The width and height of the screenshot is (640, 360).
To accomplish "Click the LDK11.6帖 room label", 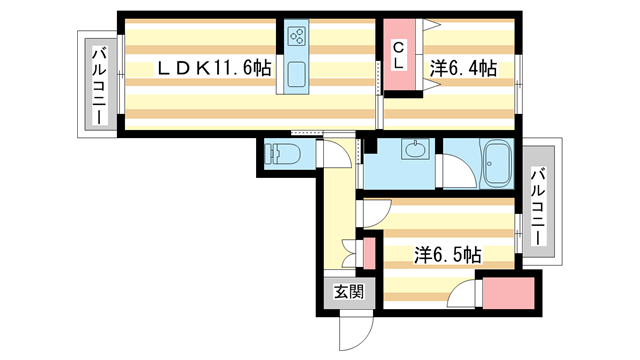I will pos(212,68).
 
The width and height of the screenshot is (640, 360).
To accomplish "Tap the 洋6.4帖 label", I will pos(463,68).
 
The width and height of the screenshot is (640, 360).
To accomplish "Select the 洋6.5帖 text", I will pos(447,254).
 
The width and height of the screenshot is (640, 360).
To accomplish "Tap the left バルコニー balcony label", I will pos(100,86).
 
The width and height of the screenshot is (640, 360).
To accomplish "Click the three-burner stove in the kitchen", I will pos(297,38).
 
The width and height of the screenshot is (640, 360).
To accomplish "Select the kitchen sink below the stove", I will pos(297,75).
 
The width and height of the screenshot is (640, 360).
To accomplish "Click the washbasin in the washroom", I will pos(413,152).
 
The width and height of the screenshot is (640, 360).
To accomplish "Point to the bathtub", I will pos(496,162).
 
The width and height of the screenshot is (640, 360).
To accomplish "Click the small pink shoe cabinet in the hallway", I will pos(368,253).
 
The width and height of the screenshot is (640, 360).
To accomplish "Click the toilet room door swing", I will pos(334,157).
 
